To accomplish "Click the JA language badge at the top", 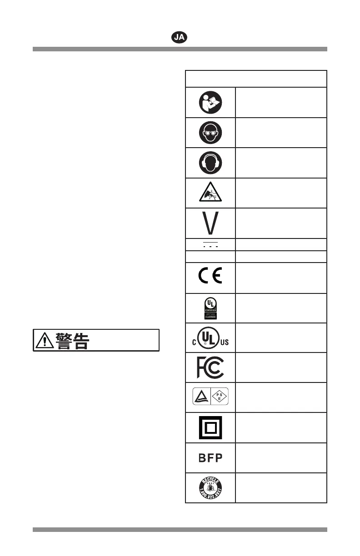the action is [x=180, y=37].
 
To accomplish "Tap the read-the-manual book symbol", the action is [x=210, y=102].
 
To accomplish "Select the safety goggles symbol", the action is [x=210, y=132].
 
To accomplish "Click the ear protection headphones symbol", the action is [x=210, y=162].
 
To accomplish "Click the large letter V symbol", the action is [x=210, y=223].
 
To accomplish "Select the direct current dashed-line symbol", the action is [x=210, y=244].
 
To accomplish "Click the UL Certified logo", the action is [x=210, y=308].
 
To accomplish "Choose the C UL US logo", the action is [x=210, y=337].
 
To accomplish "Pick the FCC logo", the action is [x=210, y=367].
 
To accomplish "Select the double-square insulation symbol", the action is [x=210, y=427].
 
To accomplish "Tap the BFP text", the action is [x=210, y=458].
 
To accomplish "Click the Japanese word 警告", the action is [x=72, y=340].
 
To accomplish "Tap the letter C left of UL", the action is [x=194, y=342].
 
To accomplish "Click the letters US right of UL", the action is [x=225, y=342].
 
